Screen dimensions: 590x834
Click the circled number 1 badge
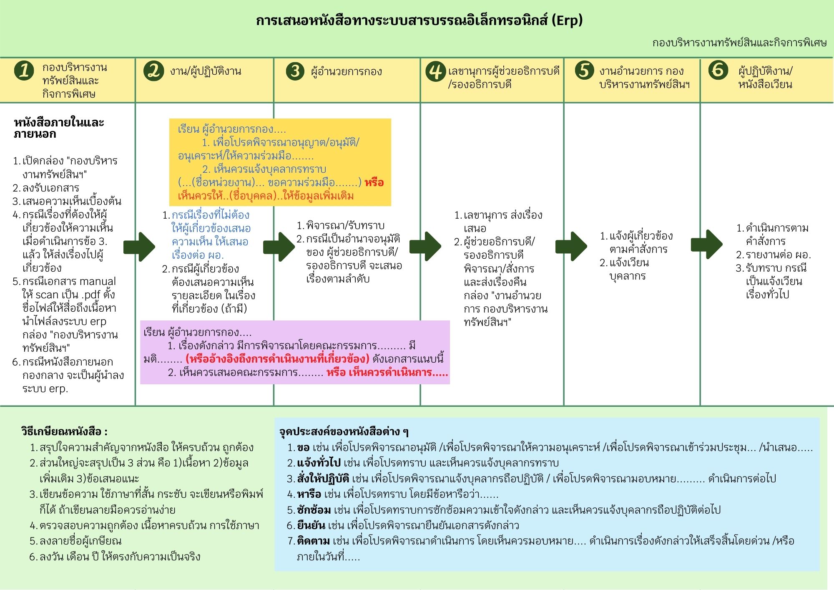[x=24, y=70]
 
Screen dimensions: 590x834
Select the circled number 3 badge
[x=295, y=71]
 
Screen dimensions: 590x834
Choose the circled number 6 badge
[x=718, y=70]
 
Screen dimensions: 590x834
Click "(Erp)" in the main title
[x=567, y=20]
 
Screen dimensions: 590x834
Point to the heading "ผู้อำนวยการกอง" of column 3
[x=346, y=71]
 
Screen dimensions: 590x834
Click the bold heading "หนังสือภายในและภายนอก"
[x=58, y=128]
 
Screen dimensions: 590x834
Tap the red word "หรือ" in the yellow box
[x=374, y=183]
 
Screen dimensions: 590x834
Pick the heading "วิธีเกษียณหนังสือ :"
[x=64, y=431]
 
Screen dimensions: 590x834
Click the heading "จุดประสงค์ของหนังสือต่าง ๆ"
[x=344, y=431]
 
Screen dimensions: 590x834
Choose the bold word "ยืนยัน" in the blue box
[x=311, y=525]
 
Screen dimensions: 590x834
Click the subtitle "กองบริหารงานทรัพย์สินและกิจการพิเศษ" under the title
[x=739, y=43]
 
